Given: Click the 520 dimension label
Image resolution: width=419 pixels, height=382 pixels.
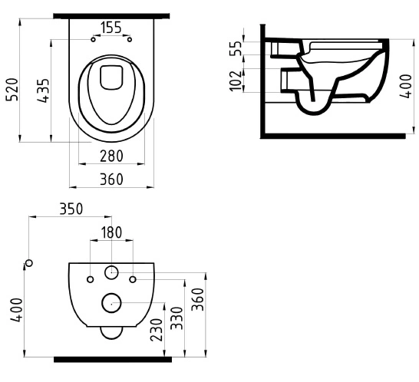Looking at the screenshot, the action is click(12, 90).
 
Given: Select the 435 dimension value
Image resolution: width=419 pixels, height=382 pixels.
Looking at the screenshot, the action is click(43, 91).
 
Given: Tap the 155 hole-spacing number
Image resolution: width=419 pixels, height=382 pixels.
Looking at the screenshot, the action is click(111, 28).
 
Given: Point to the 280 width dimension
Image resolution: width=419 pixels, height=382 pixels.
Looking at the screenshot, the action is click(112, 156).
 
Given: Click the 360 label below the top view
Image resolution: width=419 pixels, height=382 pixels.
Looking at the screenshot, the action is click(112, 179).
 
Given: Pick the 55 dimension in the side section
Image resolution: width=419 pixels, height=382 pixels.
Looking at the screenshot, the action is click(236, 48).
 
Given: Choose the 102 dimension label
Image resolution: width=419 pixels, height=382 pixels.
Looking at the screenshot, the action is click(236, 81).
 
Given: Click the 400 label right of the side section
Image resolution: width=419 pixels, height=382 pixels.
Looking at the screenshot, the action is click(406, 86).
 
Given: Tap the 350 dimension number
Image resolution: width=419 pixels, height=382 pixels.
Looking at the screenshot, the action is click(71, 209).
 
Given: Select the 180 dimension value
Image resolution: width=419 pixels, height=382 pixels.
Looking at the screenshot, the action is click(112, 232).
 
